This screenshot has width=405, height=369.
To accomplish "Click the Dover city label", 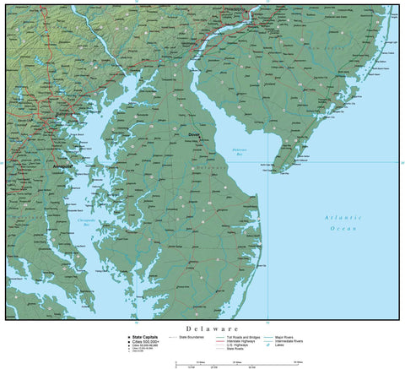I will [x=194, y=133].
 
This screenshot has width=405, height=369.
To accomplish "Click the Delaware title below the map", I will [x=212, y=328].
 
